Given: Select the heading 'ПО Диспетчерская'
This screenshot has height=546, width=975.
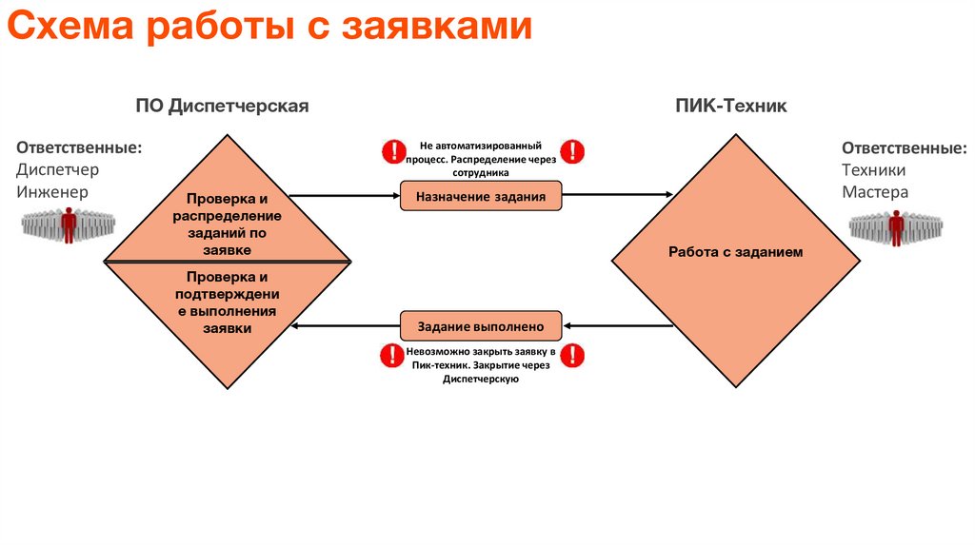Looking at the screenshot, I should coord(222,106).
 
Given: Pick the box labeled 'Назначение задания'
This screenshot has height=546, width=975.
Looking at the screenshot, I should coord(481,197).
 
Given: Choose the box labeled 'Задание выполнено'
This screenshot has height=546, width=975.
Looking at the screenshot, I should coord(481,326).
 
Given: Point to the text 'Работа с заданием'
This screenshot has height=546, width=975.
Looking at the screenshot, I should coord(736,252).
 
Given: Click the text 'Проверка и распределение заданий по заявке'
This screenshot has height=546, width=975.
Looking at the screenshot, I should coord(227,224).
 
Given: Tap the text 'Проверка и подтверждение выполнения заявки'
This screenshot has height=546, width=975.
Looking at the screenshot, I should coord(227,302).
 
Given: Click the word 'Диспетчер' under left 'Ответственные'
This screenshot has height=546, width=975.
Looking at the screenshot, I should coord(57,169).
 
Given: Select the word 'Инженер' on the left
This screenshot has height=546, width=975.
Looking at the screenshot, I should coord(51,191).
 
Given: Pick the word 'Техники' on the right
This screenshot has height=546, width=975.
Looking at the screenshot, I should coord(873,169).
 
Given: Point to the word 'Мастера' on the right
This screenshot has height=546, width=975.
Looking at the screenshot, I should coord(874,191).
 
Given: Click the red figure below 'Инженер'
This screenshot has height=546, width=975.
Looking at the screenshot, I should coord(69,226).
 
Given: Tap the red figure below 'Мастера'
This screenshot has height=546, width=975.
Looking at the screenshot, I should coord(895,226).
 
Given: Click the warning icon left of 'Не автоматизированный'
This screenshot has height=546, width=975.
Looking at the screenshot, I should coord(393,150).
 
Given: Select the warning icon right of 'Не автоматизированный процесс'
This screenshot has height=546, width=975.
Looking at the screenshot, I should coord(572,150).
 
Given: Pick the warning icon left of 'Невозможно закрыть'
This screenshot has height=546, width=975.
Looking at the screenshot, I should coord(391,356).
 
